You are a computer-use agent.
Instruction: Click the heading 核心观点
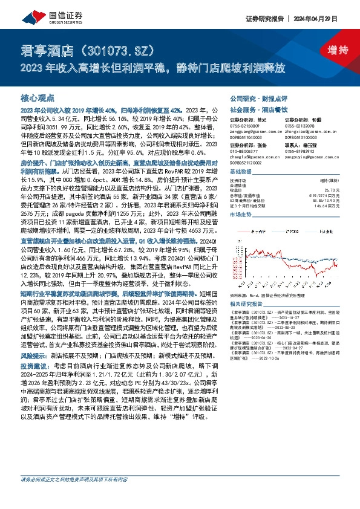pyautogui.click(x=38, y=97)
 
